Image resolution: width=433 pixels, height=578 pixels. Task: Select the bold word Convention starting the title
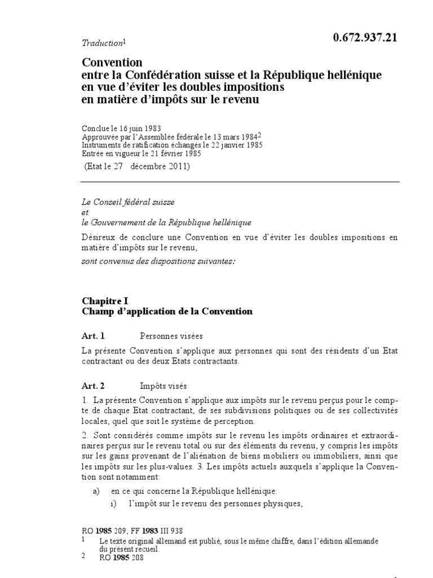(112, 62)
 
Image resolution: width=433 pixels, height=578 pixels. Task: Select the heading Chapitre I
(105, 301)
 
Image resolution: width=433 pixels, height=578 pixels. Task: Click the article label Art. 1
(93, 336)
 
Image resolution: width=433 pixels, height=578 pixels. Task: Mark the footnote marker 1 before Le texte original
(83, 540)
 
